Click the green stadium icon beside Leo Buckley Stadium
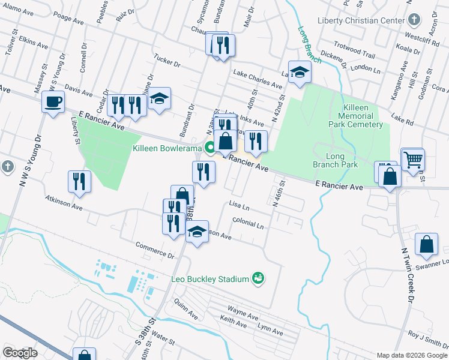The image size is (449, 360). [259, 278]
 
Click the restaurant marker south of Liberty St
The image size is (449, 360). [80, 181]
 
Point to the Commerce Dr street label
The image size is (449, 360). [155, 250]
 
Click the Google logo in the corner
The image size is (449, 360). [20, 353]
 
